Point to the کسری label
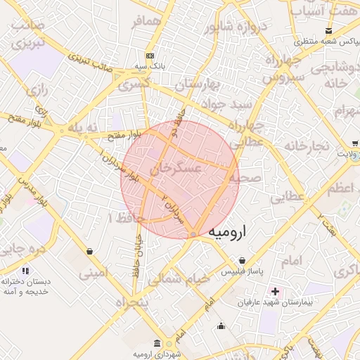pos(136,85)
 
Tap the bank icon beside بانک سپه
pos(150,56)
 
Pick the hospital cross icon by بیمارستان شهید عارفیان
pos(274,291)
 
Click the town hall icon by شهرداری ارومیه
pos(156,343)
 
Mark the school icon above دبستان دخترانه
pos(26,271)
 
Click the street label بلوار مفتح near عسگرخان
pos(128,133)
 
